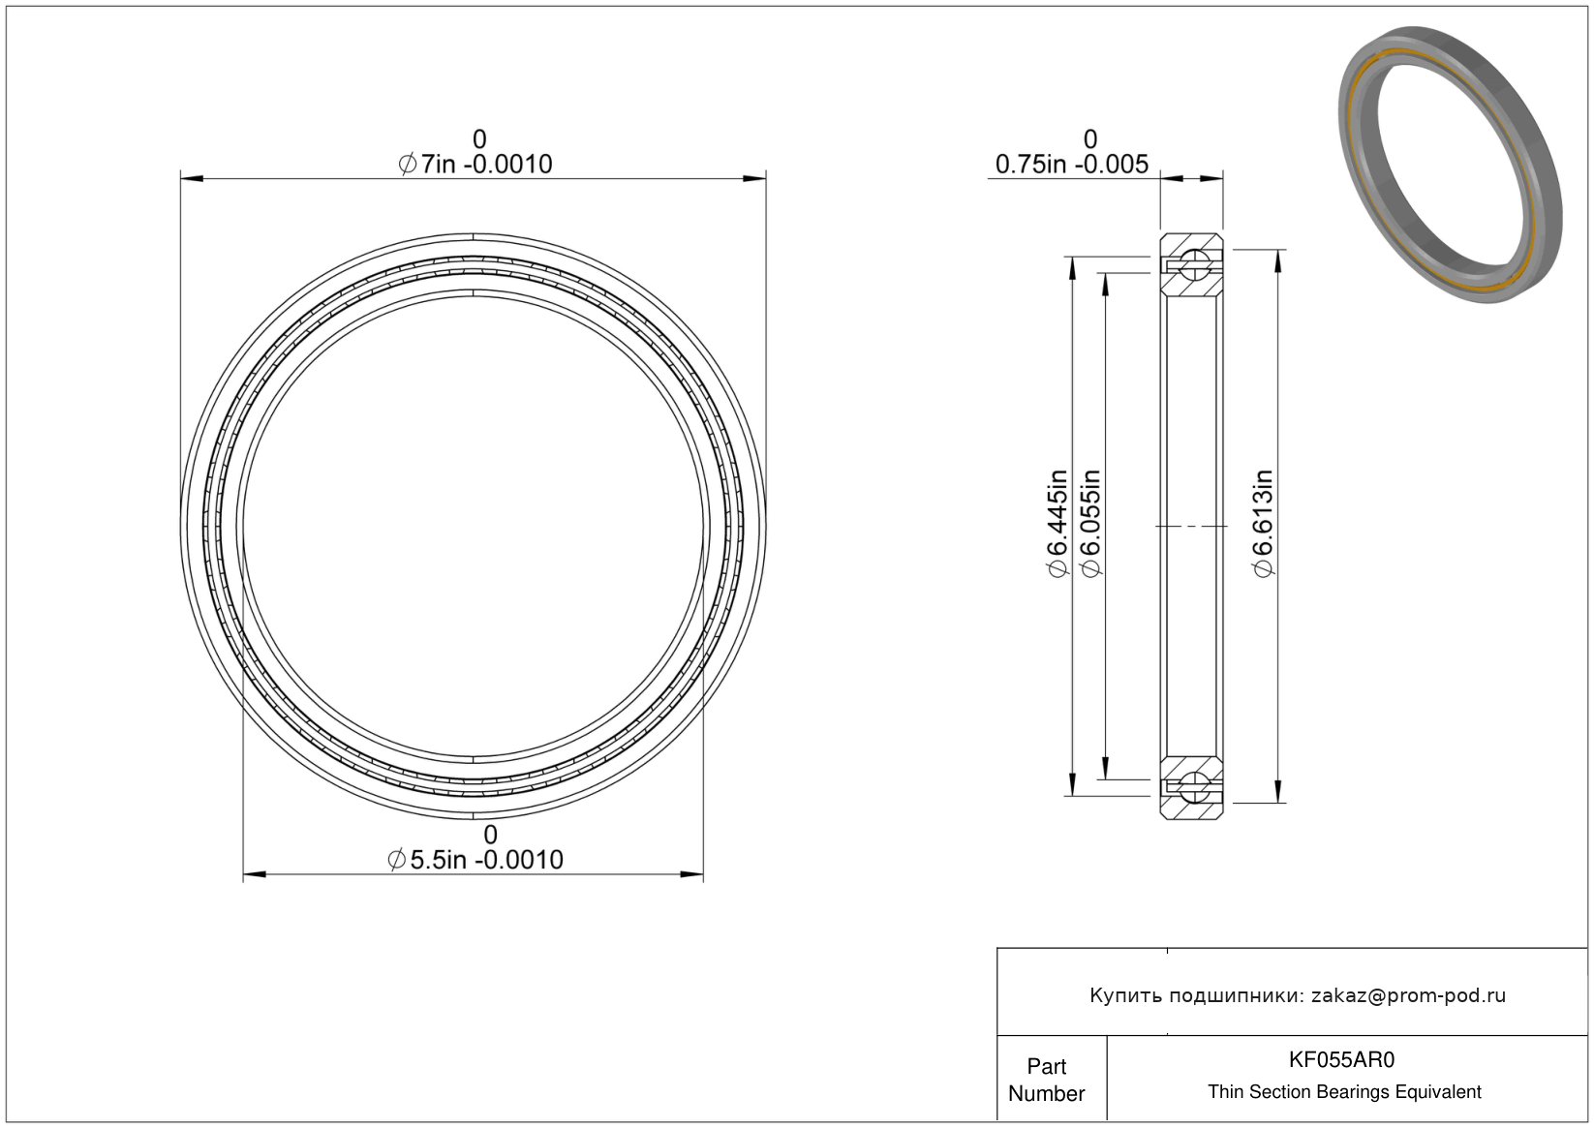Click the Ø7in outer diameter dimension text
475,165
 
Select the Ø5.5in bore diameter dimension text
475,860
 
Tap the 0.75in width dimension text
1072,165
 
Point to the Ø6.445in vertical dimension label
1058,523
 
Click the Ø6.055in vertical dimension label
1090,523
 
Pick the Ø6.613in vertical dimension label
1263,523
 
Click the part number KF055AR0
1342,1059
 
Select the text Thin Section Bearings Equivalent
1344,1091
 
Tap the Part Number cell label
1047,1080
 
